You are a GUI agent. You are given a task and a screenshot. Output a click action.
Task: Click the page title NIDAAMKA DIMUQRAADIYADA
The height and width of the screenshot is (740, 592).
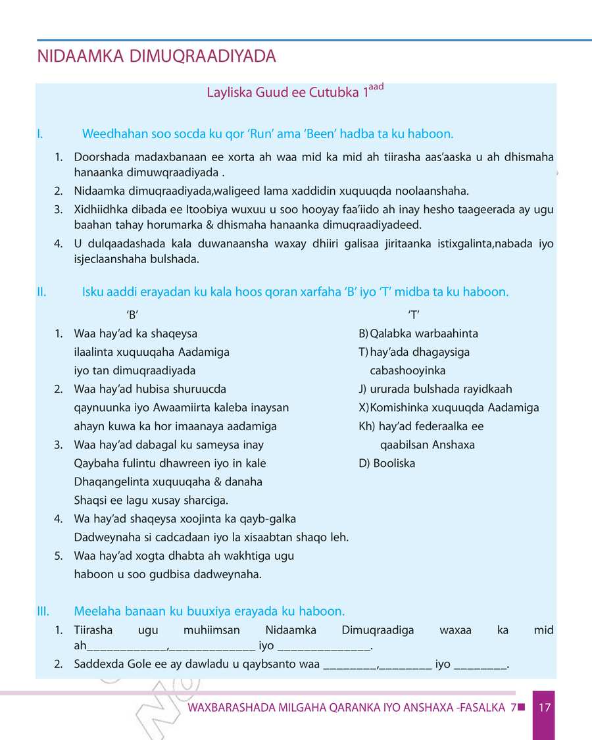click(x=157, y=57)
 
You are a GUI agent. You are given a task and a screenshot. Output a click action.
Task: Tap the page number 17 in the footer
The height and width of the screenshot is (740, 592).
click(x=544, y=708)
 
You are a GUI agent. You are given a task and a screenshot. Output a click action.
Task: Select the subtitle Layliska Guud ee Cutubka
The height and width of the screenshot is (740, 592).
click(x=284, y=93)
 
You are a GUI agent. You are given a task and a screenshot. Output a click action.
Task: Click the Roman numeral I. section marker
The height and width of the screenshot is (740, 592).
click(x=40, y=134)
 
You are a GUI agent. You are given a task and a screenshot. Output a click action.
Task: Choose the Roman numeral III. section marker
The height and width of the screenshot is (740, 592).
click(x=43, y=610)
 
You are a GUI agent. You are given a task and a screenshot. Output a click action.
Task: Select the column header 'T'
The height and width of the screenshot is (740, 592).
click(x=414, y=314)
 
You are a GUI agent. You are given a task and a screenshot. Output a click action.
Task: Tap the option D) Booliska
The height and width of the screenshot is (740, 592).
click(x=387, y=463)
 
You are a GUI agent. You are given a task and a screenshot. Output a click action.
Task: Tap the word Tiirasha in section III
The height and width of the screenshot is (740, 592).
click(x=93, y=630)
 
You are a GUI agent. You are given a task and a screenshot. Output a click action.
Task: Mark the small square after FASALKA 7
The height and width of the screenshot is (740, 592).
click(x=522, y=707)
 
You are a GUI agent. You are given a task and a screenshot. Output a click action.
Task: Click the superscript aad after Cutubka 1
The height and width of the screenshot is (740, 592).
click(x=376, y=87)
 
